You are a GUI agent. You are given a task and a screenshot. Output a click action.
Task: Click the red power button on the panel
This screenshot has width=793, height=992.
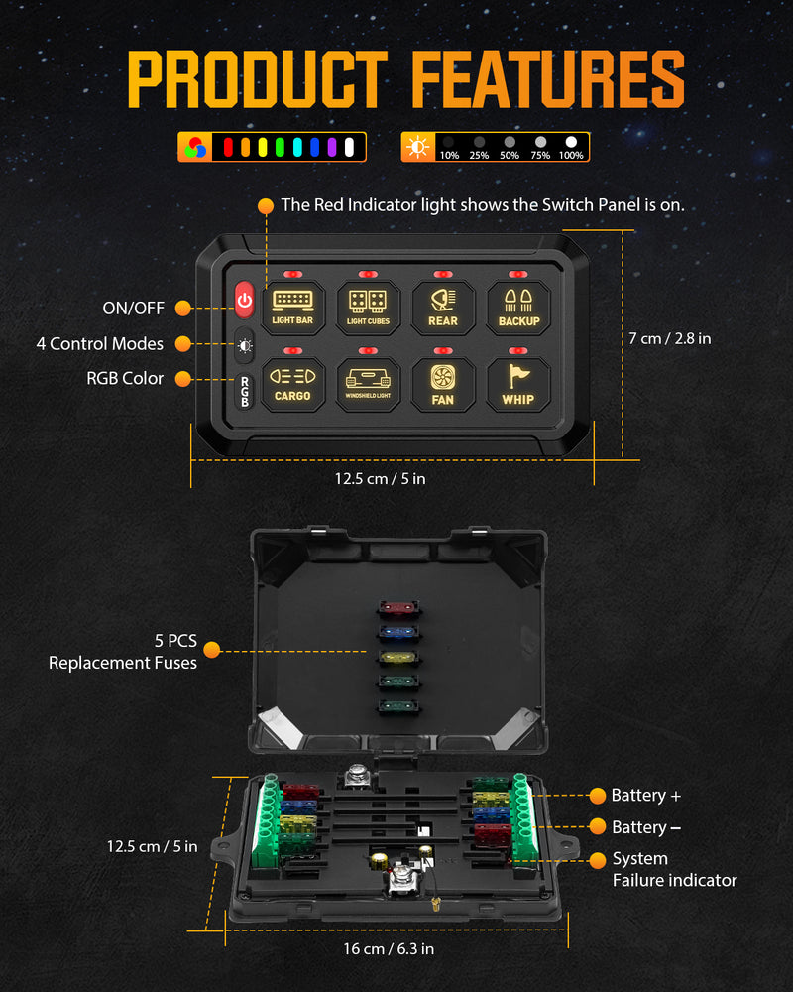245,299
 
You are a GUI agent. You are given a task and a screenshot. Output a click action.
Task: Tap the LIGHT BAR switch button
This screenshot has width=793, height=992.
292,306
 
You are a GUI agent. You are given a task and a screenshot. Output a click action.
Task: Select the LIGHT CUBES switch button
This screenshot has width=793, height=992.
368,306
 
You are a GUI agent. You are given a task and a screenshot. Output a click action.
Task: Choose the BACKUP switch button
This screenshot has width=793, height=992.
518,306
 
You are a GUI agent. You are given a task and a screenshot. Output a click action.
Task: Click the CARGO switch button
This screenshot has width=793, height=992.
292,384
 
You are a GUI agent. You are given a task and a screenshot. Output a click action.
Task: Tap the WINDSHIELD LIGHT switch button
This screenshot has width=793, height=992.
368,384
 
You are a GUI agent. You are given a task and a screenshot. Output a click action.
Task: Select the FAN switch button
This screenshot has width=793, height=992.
443,384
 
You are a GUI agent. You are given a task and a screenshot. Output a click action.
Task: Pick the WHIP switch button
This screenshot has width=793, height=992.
518,384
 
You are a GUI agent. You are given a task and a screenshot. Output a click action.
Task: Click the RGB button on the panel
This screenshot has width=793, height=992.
245,391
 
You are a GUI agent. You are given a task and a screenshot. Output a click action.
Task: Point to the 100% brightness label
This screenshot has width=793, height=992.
571,156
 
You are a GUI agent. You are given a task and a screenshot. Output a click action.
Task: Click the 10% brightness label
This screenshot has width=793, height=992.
449,156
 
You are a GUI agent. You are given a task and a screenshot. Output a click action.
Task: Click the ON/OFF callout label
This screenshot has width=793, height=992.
133,309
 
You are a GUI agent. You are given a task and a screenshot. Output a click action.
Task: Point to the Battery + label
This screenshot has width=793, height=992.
645,796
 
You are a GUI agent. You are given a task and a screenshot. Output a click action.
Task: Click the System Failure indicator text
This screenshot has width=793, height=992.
674,869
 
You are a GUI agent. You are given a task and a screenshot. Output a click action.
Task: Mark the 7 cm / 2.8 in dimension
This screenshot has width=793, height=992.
670,338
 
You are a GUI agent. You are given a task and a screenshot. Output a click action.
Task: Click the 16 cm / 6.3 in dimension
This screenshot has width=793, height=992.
389,948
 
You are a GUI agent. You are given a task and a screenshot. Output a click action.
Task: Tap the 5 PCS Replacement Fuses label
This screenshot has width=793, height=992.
123,652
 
